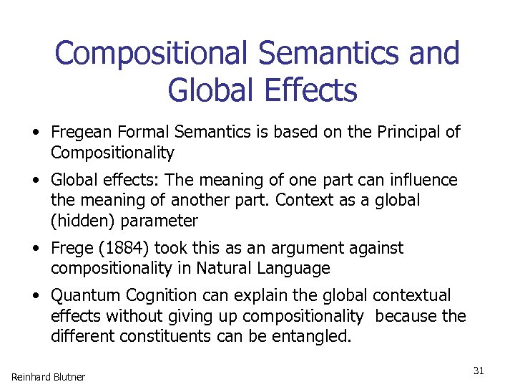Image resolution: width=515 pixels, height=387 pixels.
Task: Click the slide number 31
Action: pyautogui.click(x=479, y=371)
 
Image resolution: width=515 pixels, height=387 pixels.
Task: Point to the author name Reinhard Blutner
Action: pyautogui.click(x=48, y=377)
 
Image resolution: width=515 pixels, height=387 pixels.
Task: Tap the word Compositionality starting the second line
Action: pyautogui.click(x=112, y=153)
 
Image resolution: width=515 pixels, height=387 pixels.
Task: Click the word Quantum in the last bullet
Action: pyautogui.click(x=86, y=296)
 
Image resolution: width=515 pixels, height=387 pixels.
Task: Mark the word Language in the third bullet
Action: pyautogui.click(x=297, y=269)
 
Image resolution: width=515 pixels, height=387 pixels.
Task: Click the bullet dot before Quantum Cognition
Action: pyautogui.click(x=34, y=296)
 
